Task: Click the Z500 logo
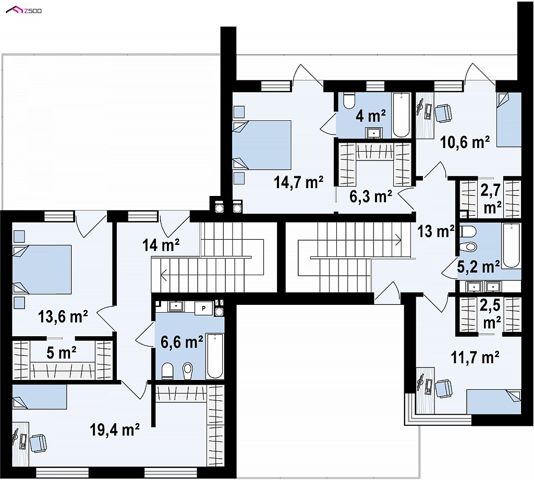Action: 24,10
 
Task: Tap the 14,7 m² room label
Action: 298,182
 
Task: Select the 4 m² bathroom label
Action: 371,116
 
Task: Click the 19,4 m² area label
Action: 115,429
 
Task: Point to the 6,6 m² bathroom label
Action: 182,341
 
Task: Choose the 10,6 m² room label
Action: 465,142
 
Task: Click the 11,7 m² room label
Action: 475,357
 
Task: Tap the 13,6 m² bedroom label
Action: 63,316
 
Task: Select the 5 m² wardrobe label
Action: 62,353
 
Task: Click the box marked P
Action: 204,309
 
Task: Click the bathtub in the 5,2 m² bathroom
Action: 511,245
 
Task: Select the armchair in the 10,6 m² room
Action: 443,114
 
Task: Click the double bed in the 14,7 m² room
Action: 262,145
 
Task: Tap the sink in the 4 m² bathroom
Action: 374,133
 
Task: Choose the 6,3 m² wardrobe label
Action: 371,196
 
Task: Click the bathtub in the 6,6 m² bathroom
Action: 214,356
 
